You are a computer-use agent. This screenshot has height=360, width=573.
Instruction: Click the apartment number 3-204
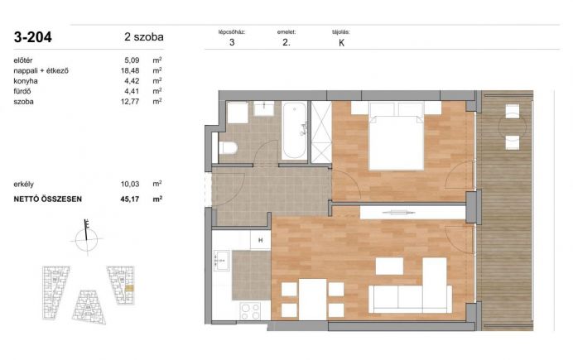(x=33, y=37)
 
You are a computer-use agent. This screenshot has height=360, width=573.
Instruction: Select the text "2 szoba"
(x=144, y=37)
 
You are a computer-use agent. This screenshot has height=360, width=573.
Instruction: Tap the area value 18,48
(x=130, y=70)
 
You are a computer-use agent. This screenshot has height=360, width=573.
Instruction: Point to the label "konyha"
(x=26, y=81)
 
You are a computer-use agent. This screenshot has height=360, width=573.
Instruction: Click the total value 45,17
(x=130, y=199)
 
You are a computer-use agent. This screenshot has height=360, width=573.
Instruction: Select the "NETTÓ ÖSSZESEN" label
(x=48, y=199)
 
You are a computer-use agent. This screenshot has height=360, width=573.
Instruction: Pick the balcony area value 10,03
(x=130, y=184)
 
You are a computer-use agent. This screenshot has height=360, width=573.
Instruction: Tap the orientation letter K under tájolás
(x=342, y=43)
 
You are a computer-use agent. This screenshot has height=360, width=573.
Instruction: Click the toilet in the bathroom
(x=228, y=148)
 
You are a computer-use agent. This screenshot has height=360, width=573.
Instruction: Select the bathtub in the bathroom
(x=295, y=131)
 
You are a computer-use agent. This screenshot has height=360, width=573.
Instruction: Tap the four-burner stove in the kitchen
(x=250, y=312)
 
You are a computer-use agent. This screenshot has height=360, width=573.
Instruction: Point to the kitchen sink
(x=221, y=261)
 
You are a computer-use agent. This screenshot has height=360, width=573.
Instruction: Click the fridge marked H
(x=261, y=240)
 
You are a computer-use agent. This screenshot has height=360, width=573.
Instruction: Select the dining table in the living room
(x=312, y=300)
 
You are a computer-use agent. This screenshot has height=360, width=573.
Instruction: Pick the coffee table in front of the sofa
(x=389, y=266)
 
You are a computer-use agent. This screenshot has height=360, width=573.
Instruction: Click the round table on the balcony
(x=513, y=127)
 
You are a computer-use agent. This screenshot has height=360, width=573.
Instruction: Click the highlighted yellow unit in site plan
(x=129, y=289)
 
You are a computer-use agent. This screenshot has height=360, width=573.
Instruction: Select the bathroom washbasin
(x=264, y=108)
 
